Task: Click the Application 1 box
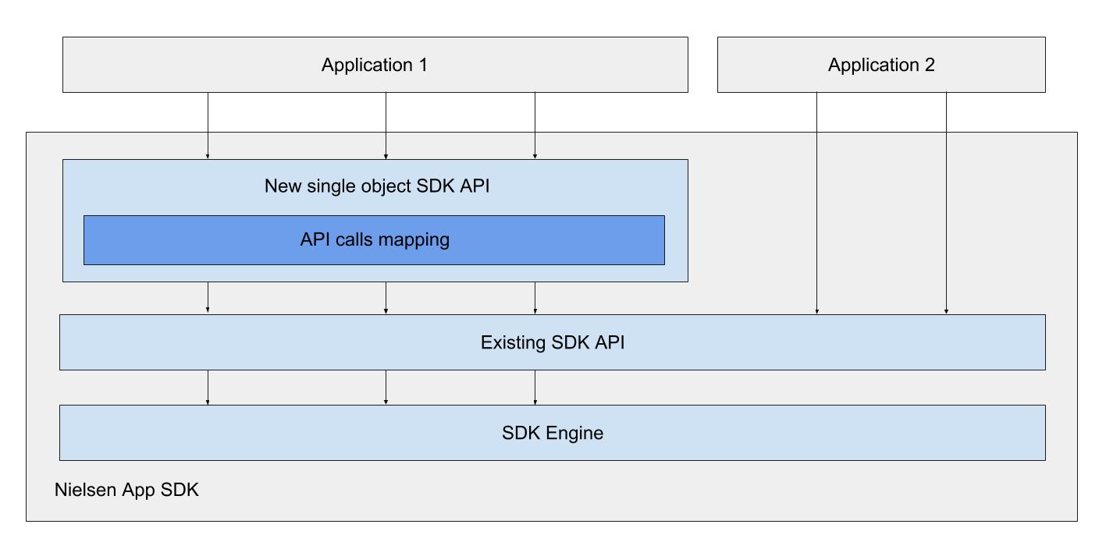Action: pos(375,65)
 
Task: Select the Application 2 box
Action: pos(881,65)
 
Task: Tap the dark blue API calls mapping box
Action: pos(375,240)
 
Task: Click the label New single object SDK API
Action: pos(377,186)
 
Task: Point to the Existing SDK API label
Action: pos(553,342)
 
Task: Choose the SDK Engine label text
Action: pos(553,433)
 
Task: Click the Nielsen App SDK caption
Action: pos(126,490)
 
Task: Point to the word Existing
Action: pos(513,343)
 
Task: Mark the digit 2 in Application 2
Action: pos(930,65)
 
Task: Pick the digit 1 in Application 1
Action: pos(423,65)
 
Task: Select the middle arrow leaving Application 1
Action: pos(386,126)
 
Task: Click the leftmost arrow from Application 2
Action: pos(817,204)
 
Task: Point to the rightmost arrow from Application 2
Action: pos(947,204)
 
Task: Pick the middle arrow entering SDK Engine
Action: pos(386,388)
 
